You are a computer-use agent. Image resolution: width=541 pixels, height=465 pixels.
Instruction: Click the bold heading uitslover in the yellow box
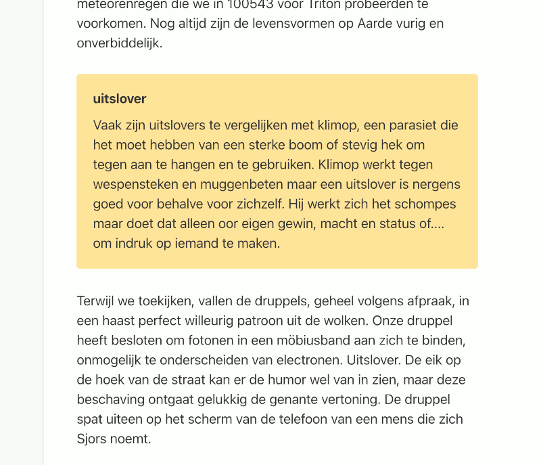coord(120,99)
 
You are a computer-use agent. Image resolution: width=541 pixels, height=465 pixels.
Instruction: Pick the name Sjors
coord(93,439)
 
